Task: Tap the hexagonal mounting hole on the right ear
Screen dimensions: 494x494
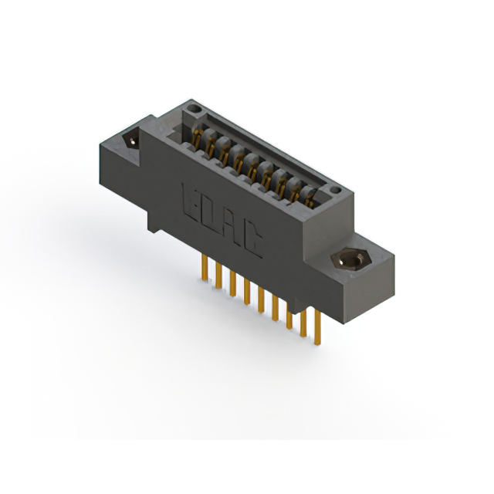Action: pyautogui.click(x=348, y=260)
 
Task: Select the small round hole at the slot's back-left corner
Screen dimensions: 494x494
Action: pyautogui.click(x=190, y=113)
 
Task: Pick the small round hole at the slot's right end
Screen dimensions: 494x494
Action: pyautogui.click(x=333, y=189)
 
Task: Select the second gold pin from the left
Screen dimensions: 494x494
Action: pyautogui.click(x=218, y=275)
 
